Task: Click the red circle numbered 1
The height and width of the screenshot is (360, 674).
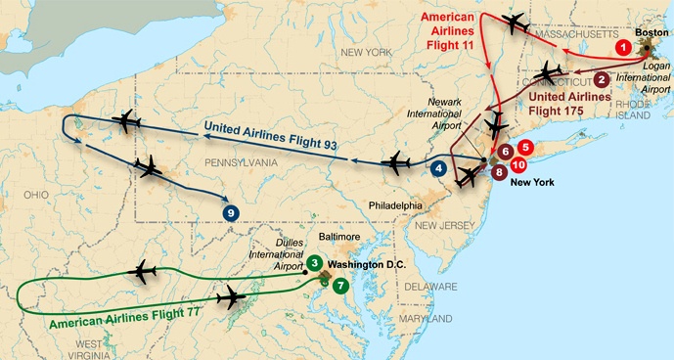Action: point(620,45)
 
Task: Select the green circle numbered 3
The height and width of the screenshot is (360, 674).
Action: point(313,262)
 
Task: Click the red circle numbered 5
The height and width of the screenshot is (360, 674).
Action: point(525,148)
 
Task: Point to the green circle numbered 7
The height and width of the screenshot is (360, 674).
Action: point(338,286)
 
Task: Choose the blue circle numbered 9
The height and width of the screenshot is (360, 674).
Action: point(231,212)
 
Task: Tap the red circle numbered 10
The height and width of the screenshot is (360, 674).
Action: point(518,165)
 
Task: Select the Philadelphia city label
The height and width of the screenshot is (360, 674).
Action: point(396,206)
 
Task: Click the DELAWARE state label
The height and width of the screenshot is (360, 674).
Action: point(431,287)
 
